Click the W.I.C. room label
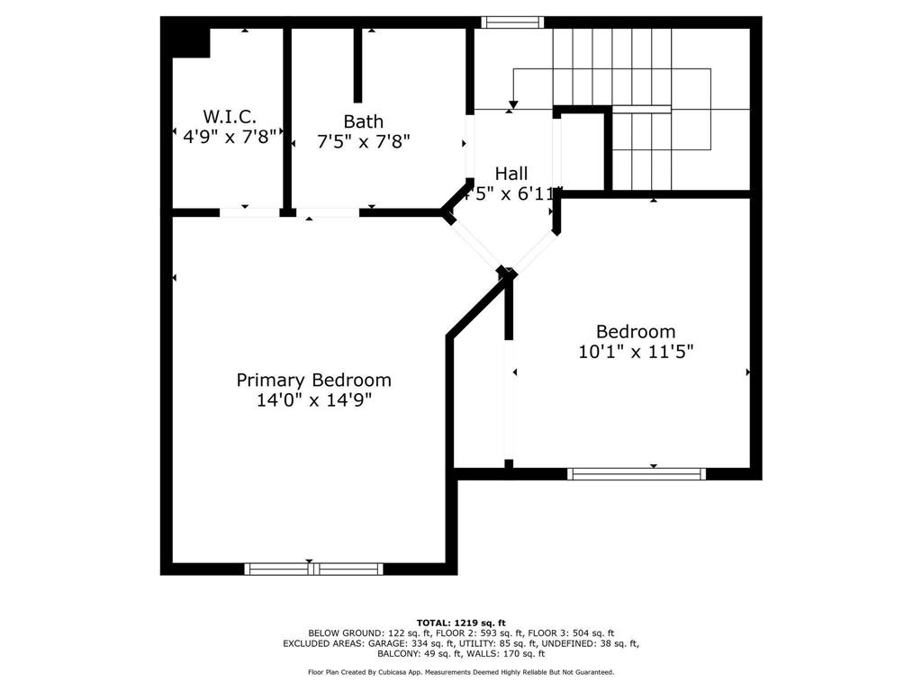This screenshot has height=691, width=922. (x=230, y=117)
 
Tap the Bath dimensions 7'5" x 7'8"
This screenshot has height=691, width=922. (x=363, y=141)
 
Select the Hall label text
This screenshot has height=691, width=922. (x=511, y=173)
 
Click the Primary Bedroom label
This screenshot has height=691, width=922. (x=313, y=380)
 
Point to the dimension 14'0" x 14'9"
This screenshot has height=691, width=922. (x=313, y=400)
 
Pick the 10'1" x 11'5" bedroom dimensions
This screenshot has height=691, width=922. (x=636, y=352)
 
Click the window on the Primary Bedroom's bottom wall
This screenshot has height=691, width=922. (x=313, y=569)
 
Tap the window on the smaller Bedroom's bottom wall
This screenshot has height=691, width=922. (x=637, y=473)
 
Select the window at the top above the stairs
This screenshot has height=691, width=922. (x=512, y=22)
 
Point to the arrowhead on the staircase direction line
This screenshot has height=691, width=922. (x=512, y=102)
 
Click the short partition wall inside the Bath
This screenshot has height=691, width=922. (x=357, y=65)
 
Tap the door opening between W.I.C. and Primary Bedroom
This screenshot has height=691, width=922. (x=249, y=213)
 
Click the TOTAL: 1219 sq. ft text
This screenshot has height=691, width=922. (x=461, y=623)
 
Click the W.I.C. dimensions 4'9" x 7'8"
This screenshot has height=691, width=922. (x=230, y=137)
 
